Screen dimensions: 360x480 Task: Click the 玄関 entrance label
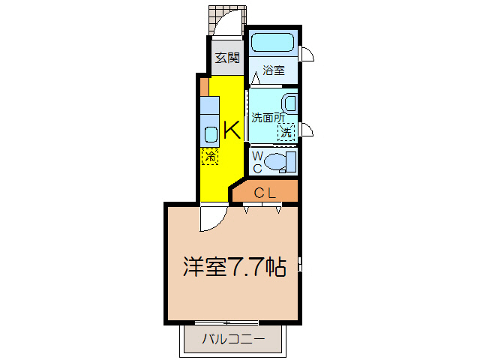tap(227, 57)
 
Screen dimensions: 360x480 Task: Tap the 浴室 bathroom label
tap(274, 71)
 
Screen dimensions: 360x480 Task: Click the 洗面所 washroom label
tap(268, 117)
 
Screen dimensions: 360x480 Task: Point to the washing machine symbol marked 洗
tap(286, 132)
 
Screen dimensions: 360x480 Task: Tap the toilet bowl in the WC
tap(277, 160)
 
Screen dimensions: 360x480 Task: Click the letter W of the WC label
tap(256, 155)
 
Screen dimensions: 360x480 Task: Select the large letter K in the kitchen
tap(232, 130)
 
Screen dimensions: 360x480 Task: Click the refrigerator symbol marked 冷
tap(211, 157)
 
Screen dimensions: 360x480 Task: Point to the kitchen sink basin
tap(211, 134)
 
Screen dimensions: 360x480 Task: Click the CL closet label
tap(265, 193)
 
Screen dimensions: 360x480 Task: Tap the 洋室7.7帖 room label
tap(234, 267)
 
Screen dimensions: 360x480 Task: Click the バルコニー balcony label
tap(233, 340)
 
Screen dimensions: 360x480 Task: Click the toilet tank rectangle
tap(292, 160)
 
